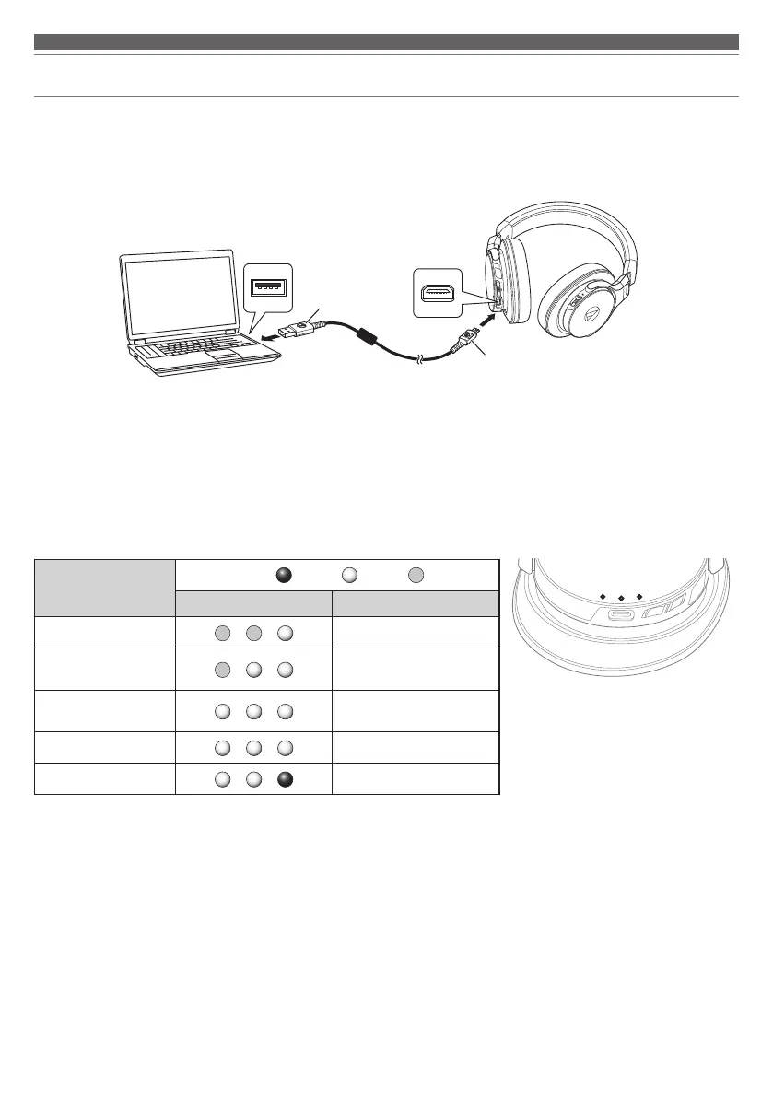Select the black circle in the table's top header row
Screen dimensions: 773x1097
(284, 576)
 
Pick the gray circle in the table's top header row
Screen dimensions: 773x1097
(416, 576)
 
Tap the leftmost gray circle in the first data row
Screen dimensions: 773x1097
(221, 634)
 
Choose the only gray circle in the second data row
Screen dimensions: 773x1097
(221, 670)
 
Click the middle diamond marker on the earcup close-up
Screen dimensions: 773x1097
(621, 596)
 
